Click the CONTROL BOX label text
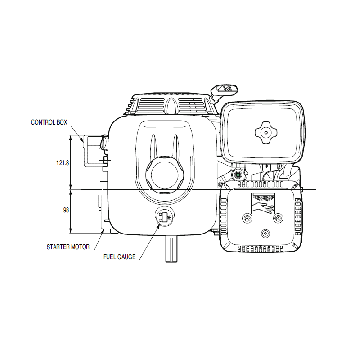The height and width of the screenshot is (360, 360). [x=49, y=122]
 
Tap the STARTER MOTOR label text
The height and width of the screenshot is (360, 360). [x=68, y=247]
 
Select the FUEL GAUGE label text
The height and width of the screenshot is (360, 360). [x=119, y=256]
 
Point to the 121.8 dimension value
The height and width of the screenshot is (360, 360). [x=63, y=163]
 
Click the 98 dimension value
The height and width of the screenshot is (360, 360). [x=66, y=210]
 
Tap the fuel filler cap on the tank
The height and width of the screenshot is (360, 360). [x=164, y=175]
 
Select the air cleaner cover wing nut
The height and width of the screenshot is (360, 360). [x=266, y=132]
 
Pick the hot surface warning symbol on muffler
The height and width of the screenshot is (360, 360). [x=263, y=203]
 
